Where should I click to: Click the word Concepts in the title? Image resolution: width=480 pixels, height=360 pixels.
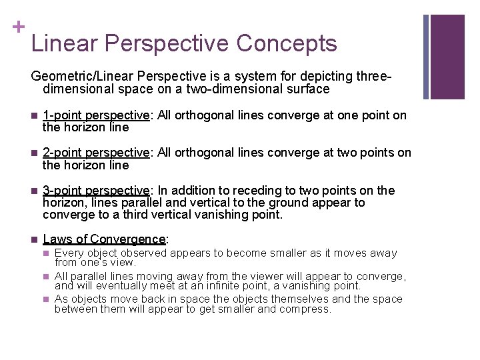click(x=287, y=44)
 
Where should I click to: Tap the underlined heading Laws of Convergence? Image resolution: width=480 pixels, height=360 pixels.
click(x=103, y=239)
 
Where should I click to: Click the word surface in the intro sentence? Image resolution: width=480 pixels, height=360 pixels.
click(x=305, y=89)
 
